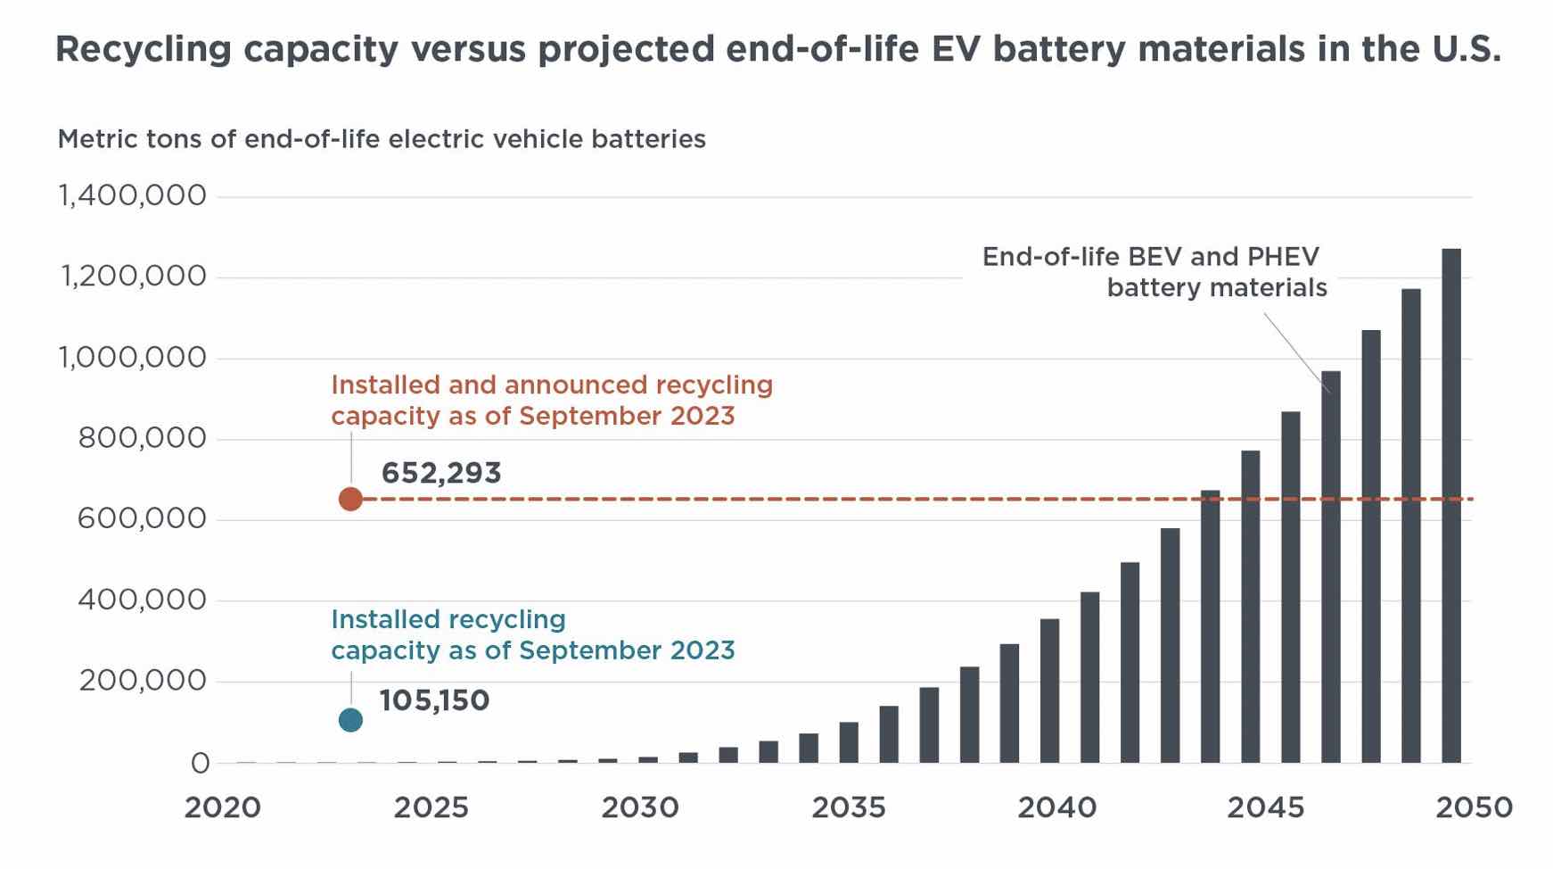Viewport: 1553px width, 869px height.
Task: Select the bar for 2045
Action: (x=1250, y=607)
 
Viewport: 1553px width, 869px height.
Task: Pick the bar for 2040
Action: (x=1049, y=691)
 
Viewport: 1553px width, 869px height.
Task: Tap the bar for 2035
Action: (x=849, y=742)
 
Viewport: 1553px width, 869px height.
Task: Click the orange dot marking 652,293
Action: (x=350, y=499)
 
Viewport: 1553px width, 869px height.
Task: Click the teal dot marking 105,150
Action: (x=350, y=720)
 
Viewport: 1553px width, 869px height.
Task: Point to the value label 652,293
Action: (x=441, y=473)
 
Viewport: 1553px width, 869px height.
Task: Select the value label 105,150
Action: (x=434, y=700)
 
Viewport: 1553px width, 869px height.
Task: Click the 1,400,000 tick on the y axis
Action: (x=132, y=195)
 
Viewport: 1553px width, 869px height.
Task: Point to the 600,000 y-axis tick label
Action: (x=141, y=518)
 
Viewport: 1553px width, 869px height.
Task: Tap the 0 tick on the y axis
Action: (x=200, y=763)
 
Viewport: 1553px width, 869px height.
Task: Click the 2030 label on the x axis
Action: (x=639, y=807)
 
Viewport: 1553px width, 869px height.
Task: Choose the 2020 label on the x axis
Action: (x=222, y=807)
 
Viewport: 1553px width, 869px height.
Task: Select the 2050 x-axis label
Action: (x=1473, y=807)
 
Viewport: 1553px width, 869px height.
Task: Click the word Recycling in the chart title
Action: (x=143, y=49)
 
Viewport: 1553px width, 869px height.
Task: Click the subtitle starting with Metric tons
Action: (x=382, y=139)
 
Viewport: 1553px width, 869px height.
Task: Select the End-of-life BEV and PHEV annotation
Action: (x=1154, y=272)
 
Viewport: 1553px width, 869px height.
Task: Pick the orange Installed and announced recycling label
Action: (x=551, y=400)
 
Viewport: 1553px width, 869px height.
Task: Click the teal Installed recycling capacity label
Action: (x=532, y=634)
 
